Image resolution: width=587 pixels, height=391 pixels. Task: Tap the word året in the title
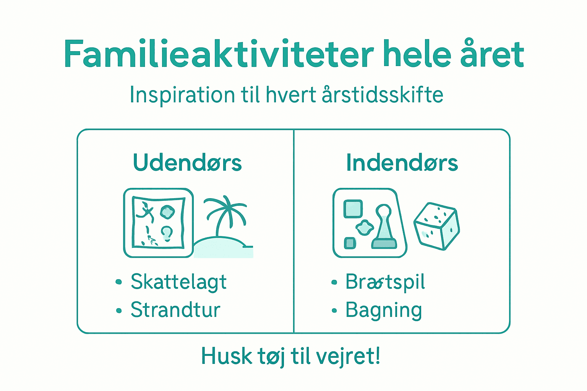(492, 54)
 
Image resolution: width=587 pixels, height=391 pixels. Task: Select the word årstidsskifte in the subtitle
(383, 94)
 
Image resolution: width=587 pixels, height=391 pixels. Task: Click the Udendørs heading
(187, 163)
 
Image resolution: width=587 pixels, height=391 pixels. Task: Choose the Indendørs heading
(402, 163)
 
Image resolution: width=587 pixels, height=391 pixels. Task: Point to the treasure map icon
(158, 223)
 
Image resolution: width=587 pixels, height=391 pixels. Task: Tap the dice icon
(436, 226)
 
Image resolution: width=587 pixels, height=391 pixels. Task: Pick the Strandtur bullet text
(175, 310)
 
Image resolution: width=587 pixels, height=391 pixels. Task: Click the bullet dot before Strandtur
(119, 311)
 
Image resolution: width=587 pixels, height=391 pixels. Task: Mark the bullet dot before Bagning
(334, 311)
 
